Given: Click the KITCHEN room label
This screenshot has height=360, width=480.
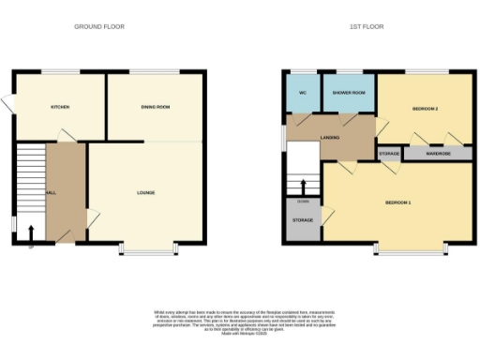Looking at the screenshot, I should pos(60,107).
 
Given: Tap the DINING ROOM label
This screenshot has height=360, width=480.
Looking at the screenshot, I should pos(155,107).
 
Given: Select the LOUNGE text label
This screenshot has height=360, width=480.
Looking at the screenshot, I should pos(145,193).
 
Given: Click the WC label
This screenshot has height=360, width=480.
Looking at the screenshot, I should pos(302,93).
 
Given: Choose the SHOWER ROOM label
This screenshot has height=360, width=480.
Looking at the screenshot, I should pos(349,93).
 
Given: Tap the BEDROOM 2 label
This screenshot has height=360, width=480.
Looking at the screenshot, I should pos(426,109).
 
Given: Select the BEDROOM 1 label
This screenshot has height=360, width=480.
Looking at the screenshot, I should pos(397,202).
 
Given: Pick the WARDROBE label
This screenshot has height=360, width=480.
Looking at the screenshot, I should pos(438,153).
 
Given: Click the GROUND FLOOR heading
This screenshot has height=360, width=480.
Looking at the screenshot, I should pos(99,26).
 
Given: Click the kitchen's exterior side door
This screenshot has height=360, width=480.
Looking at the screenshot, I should pos(8,107).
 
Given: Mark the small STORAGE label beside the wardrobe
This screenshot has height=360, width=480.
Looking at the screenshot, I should pos(389,153).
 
